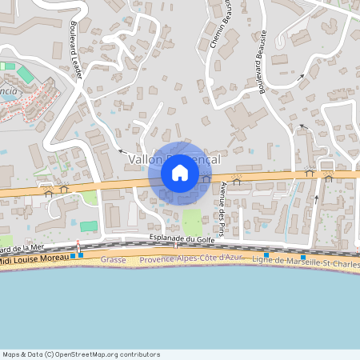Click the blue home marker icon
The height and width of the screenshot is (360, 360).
pos(180,172)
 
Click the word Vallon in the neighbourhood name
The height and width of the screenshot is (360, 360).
pos(144,160)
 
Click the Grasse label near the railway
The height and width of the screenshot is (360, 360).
pos(114,260)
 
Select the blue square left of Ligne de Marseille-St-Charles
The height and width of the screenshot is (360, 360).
pos(266,255)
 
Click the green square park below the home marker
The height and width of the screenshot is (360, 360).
pos(191,221)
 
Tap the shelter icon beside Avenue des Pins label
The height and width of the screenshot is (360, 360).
pos(235,182)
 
